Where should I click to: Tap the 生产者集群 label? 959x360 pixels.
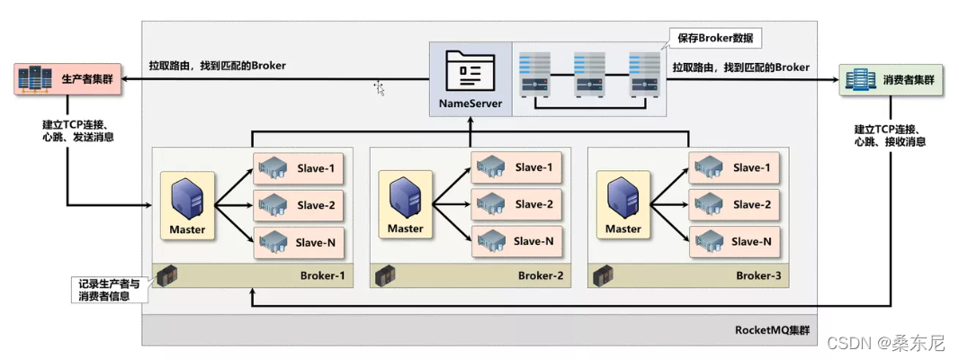coord(85,78)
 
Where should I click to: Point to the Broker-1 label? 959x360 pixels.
coord(322,275)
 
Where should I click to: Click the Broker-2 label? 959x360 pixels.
coord(540,275)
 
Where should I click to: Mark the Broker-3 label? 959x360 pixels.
coord(757,275)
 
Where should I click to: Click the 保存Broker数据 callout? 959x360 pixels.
coord(714,39)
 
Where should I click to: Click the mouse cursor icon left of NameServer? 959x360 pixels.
coord(380,87)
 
